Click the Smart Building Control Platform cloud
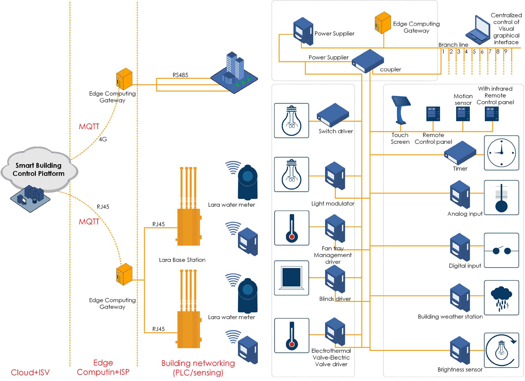[39, 169]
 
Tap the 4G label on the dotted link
[103, 139]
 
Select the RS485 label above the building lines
[180, 75]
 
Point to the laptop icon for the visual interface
[478, 31]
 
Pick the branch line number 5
[474, 52]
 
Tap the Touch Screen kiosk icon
[401, 110]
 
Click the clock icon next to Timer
[501, 153]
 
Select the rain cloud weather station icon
[501, 298]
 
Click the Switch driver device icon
[333, 115]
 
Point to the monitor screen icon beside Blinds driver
[291, 278]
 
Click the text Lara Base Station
[182, 260]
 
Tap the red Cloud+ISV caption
[30, 372]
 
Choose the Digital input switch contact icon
[501, 250]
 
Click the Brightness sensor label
[460, 369]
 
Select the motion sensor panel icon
[463, 114]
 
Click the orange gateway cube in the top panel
[383, 23]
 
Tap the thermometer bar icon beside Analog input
[501, 198]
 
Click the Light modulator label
[332, 203]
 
